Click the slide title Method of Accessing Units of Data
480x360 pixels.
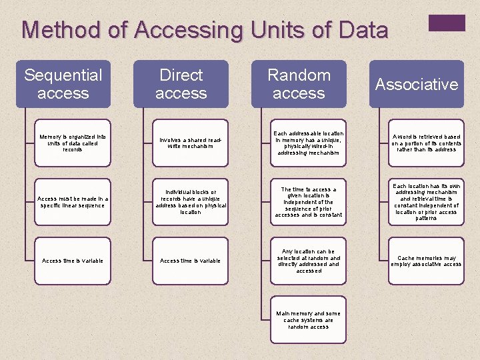(205, 30)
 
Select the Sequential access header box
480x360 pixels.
(63, 84)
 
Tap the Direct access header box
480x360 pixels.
(181, 84)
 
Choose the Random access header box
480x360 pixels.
(299, 84)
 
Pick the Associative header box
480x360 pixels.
(417, 84)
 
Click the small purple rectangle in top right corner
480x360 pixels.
(446, 23)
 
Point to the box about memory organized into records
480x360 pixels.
(72, 143)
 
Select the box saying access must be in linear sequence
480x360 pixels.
(72, 202)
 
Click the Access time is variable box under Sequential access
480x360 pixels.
(72, 261)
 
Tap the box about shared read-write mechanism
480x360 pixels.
(190, 143)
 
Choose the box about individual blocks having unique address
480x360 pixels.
(190, 202)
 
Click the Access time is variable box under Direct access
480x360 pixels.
(190, 261)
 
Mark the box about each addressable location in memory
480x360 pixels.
(308, 143)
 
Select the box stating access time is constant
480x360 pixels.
(308, 202)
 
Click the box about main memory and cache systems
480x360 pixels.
(308, 319)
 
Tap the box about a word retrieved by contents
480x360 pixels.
(426, 143)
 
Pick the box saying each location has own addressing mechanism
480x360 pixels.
(426, 202)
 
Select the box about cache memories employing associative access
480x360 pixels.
(426, 261)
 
